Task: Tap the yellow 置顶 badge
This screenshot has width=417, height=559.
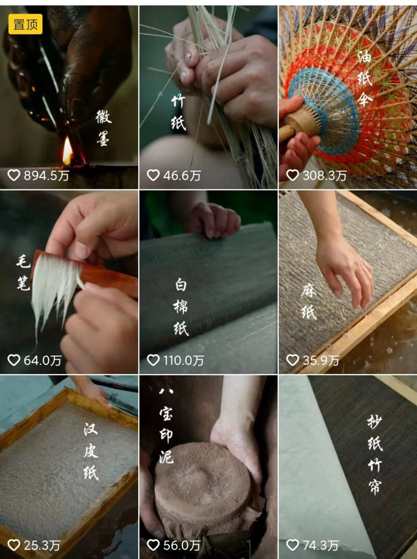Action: pos(25,24)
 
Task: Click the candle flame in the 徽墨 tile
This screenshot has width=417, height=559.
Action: pos(68,151)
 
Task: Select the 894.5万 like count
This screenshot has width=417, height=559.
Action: pos(45,175)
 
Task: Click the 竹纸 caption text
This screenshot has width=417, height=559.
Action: pos(178,112)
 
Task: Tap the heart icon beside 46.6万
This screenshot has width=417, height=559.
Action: pos(153,175)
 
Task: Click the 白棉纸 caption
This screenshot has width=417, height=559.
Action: pos(181,307)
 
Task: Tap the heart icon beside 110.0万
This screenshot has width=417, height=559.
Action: pos(153,360)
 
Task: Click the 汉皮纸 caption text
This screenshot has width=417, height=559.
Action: pos(91,451)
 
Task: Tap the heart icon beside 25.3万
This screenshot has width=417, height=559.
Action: pos(14,545)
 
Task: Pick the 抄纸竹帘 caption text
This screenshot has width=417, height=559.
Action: pos(374,454)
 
